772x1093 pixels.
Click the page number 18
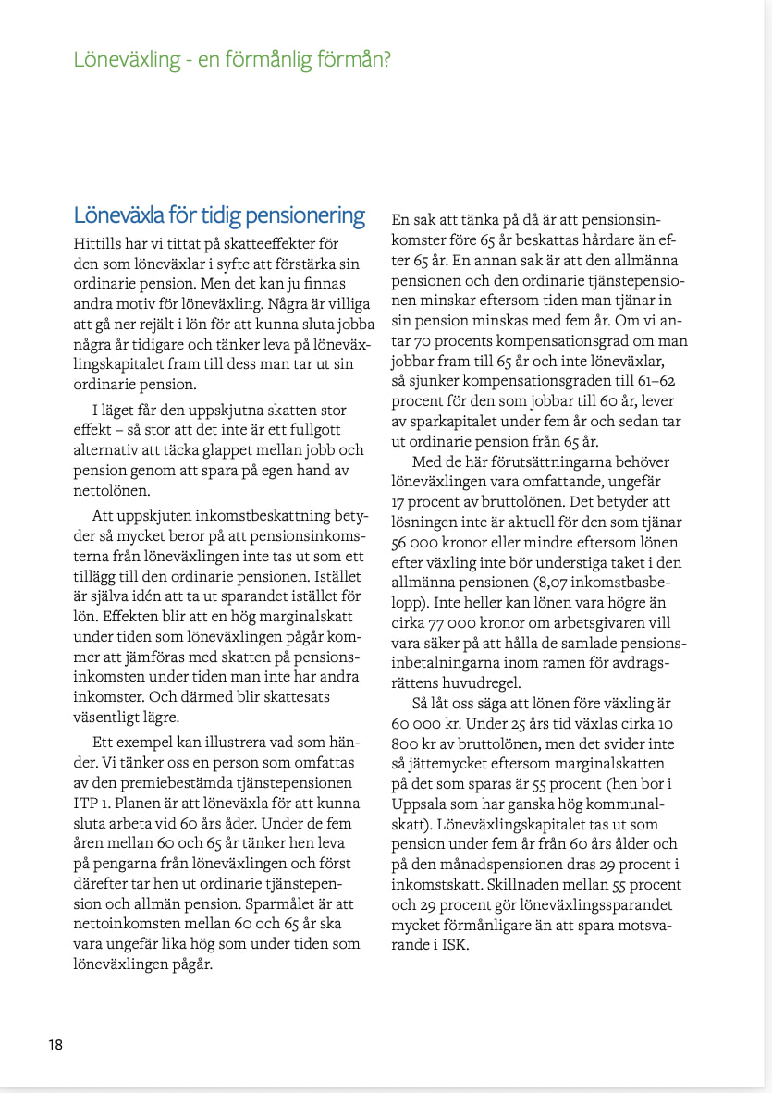pos(55,1045)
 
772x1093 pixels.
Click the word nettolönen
pos(111,492)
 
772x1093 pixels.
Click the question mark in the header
pos(386,60)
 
